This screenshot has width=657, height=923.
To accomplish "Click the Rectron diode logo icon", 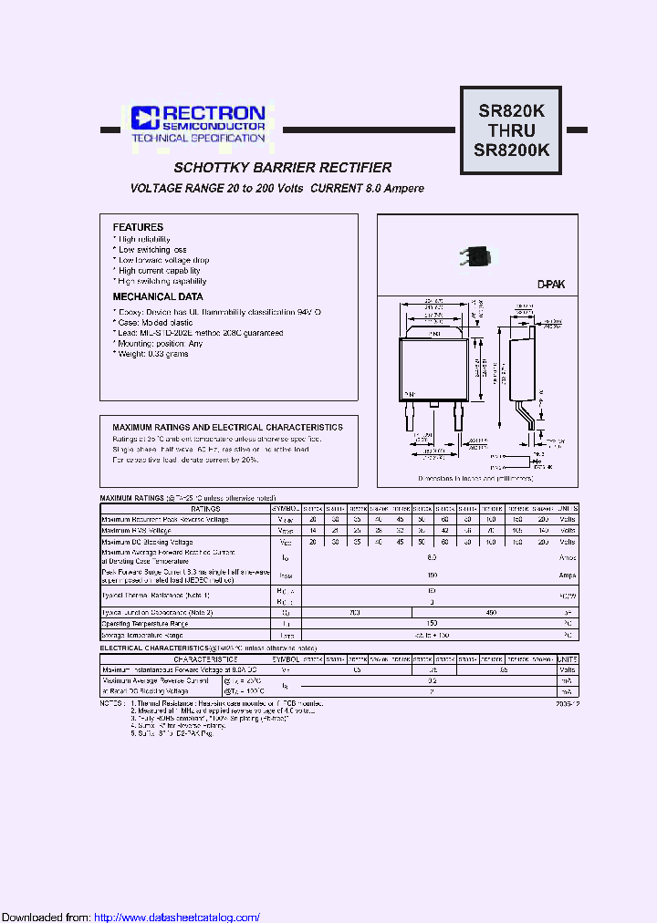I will pos(145,118).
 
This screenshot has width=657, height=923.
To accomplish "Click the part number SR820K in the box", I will pos(511,110).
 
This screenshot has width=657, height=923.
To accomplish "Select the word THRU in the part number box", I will pos(511,130).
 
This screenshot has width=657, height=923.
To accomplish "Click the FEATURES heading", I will pos(138,227).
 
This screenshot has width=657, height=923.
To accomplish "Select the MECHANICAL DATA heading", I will pos(158,296).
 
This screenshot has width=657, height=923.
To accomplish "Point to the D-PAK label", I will pos(550,285).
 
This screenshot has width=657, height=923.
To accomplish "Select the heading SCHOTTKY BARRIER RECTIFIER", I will pos(283,168).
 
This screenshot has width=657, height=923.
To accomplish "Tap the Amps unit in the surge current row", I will pos(567,576).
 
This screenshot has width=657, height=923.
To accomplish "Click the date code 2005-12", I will pos(567,704).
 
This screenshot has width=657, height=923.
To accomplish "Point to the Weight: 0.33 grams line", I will pos(151,354).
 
